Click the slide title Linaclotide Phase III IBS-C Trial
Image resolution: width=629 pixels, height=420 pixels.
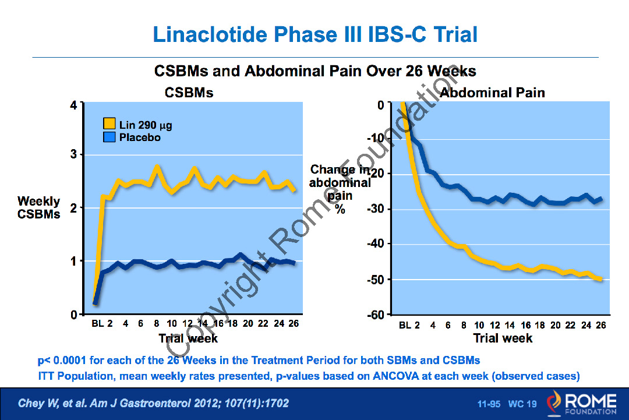tap(315, 34)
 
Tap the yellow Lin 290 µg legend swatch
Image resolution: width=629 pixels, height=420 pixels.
tap(109, 125)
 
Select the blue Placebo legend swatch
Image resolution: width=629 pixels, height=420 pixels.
tap(109, 137)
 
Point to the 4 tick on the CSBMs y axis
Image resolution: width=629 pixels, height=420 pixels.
tap(73, 105)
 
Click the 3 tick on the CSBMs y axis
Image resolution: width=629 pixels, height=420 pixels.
tap(73, 154)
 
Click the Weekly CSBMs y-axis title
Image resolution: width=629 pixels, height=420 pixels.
tap(38, 207)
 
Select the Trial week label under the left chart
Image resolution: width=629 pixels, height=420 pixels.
tap(188, 338)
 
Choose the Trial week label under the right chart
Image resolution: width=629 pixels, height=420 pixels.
tap(503, 338)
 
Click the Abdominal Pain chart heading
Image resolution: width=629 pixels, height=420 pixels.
tap(493, 93)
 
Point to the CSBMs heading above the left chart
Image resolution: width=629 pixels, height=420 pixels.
tap(189, 93)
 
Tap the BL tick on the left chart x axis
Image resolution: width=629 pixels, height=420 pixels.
tap(97, 324)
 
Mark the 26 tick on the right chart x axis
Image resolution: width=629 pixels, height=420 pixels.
tap(601, 325)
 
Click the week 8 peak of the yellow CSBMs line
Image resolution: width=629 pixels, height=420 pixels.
tap(157, 167)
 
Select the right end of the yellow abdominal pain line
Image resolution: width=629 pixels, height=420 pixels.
tap(600, 280)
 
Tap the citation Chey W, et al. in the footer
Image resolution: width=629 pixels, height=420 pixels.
tap(51, 403)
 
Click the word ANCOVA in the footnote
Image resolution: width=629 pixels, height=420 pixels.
tap(393, 376)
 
